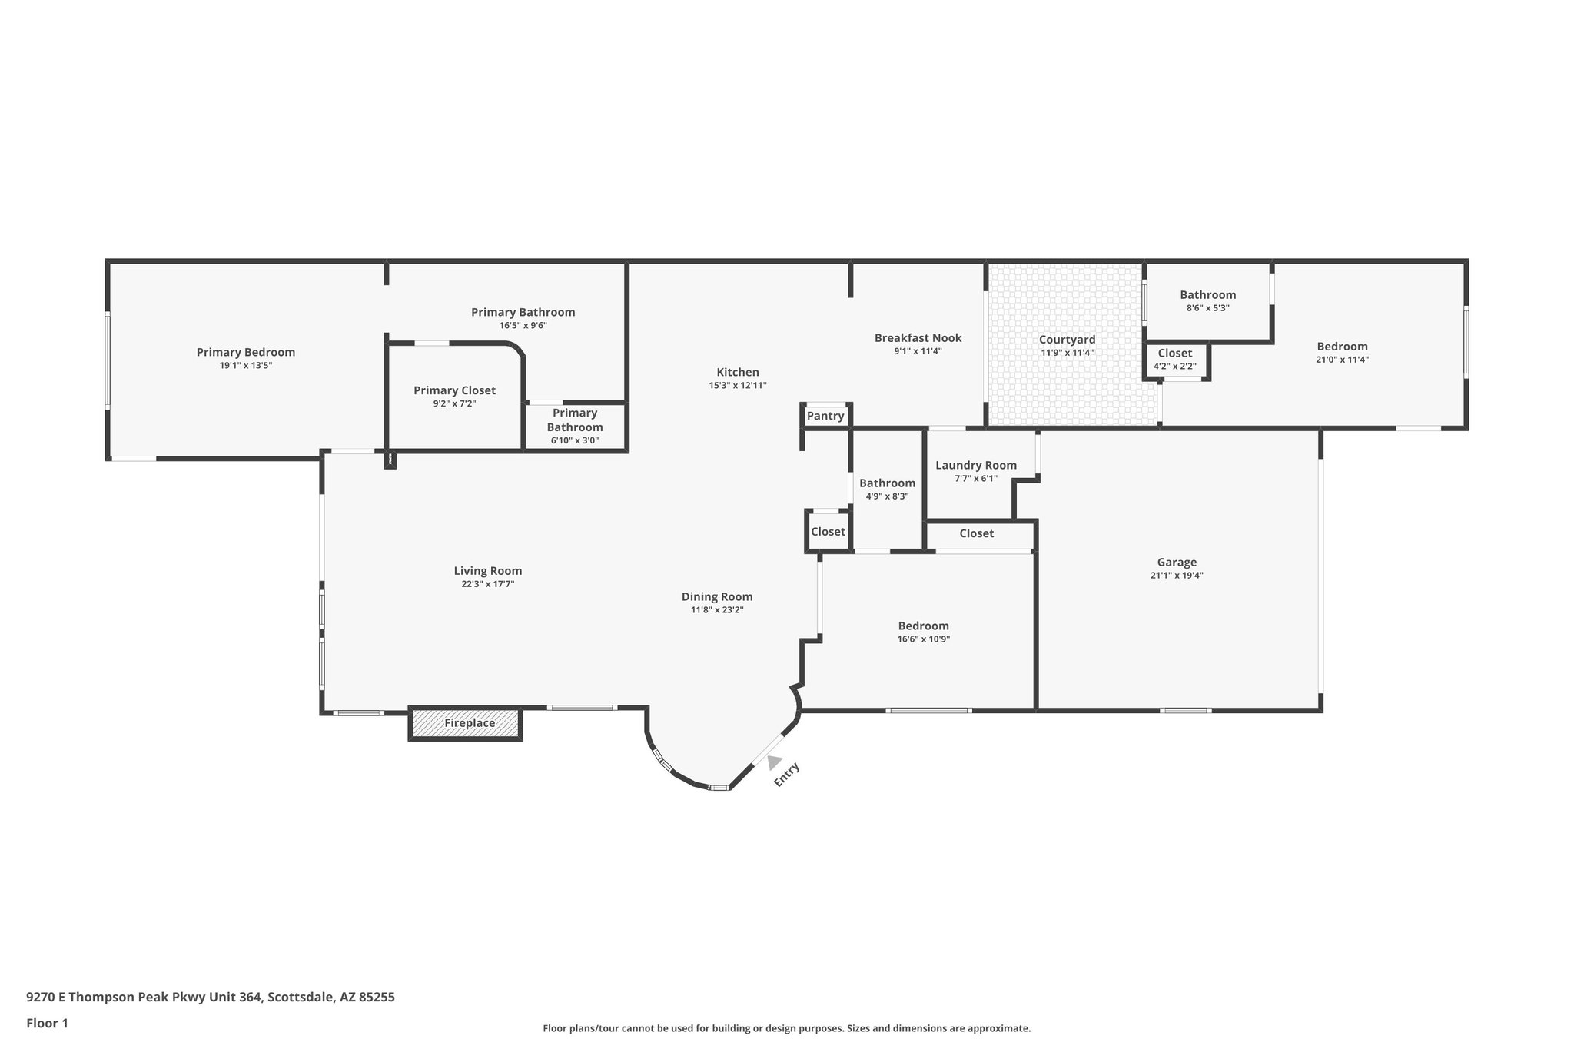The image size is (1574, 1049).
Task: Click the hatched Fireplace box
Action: pyautogui.click(x=466, y=723)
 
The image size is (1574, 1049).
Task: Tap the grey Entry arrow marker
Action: pyautogui.click(x=774, y=762)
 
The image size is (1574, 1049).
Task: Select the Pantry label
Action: pyautogui.click(x=825, y=416)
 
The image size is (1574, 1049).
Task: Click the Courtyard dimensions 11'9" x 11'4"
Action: pyautogui.click(x=1067, y=353)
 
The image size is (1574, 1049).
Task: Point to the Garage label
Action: pyautogui.click(x=1177, y=563)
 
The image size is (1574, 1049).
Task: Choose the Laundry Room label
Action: pyautogui.click(x=976, y=465)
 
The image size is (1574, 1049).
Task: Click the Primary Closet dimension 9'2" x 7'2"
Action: pyautogui.click(x=454, y=403)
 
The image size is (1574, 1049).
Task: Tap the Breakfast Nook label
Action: pyautogui.click(x=918, y=338)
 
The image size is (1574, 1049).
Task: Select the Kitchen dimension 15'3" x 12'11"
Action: pyautogui.click(x=738, y=386)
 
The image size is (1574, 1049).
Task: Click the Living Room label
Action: pyautogui.click(x=487, y=570)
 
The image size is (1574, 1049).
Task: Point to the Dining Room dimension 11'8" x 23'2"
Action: pyautogui.click(x=717, y=610)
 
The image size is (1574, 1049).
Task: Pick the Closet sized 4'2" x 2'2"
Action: pyautogui.click(x=1174, y=359)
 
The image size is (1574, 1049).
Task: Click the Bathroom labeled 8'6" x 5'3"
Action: pyautogui.click(x=1207, y=300)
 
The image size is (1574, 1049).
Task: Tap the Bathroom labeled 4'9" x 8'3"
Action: pyautogui.click(x=887, y=489)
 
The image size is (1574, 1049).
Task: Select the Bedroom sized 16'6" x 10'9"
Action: pyautogui.click(x=923, y=632)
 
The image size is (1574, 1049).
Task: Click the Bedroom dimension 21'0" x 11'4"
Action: pyautogui.click(x=1342, y=360)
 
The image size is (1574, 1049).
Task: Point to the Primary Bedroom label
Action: pyautogui.click(x=246, y=352)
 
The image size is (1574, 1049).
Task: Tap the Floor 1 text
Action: pyautogui.click(x=47, y=1023)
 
